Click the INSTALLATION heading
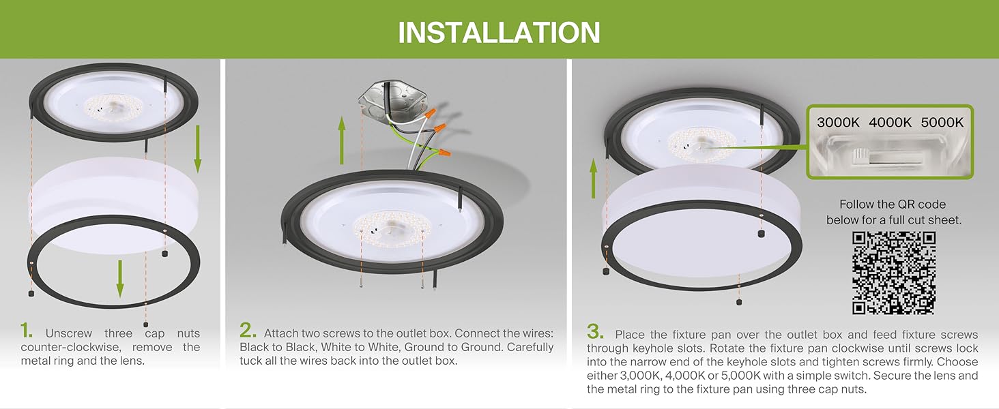point(499,32)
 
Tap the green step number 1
point(27,331)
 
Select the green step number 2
point(248,331)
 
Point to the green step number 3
point(596,332)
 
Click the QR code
point(893,273)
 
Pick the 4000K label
point(890,123)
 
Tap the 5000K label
point(942,123)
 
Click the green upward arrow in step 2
point(342,140)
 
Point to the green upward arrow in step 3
point(594,179)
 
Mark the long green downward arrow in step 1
point(197,146)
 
